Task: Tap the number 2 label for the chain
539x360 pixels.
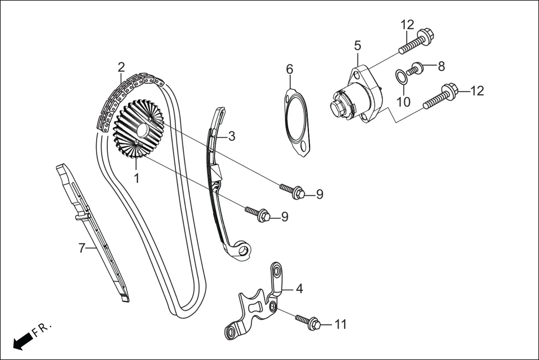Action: tap(121, 68)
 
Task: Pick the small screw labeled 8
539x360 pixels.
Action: tap(415, 70)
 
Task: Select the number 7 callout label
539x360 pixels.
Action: tap(82, 248)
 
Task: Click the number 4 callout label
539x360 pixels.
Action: tap(299, 289)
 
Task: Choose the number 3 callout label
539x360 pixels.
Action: tap(231, 135)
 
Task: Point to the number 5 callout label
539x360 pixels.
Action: tap(357, 45)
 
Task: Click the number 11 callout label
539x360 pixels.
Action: tap(341, 324)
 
